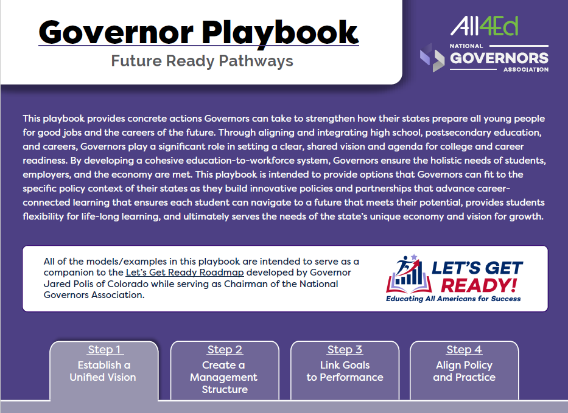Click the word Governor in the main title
pos(116,32)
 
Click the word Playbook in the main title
pos(280,33)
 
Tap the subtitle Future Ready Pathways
pos(202,61)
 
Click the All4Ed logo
pos(485,26)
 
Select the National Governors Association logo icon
pos(432,58)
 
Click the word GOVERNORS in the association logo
pos(499,58)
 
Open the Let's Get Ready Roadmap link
pos(184,272)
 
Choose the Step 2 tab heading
pos(225,350)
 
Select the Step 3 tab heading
pos(345,350)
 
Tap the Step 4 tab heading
pos(464,350)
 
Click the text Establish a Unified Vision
pos(103,371)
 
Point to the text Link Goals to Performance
pos(345,371)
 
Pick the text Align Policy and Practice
pos(464,371)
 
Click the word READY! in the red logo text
pos(479,285)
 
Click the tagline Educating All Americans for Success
pos(453,299)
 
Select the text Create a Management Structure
pos(224,377)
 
